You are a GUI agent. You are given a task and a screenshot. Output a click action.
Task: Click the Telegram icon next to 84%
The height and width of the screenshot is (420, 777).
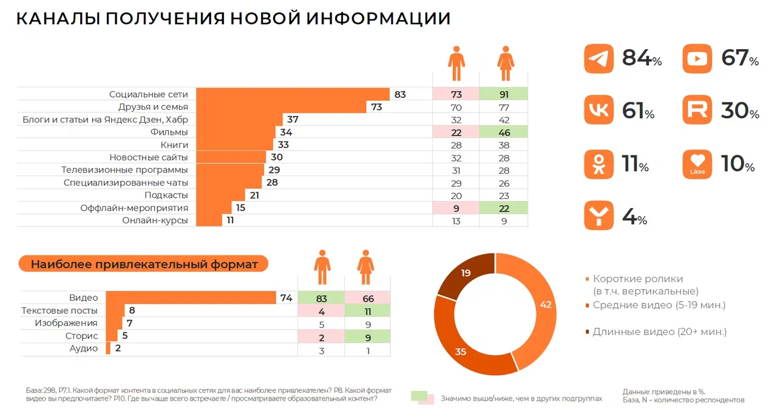(599, 59)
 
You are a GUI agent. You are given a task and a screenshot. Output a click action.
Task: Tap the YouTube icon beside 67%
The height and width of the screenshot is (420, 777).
(698, 59)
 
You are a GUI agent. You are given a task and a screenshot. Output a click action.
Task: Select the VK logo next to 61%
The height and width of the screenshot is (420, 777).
(599, 111)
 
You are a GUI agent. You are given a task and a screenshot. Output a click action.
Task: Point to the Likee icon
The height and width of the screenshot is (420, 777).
(698, 164)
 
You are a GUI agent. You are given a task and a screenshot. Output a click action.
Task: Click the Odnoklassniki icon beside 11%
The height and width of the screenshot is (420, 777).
(599, 164)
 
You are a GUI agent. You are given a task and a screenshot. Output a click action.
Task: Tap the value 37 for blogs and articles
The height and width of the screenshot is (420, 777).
(293, 120)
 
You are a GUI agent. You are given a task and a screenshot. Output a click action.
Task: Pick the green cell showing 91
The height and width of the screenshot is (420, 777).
(503, 94)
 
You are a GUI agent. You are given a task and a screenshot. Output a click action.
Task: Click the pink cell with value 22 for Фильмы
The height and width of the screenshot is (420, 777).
(456, 132)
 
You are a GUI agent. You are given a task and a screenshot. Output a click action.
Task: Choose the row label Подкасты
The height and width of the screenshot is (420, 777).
(166, 195)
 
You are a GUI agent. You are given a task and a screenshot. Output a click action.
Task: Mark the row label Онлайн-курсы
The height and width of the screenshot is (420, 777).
(155, 221)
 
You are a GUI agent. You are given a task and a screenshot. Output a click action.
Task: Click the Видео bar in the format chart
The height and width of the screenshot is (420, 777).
(191, 298)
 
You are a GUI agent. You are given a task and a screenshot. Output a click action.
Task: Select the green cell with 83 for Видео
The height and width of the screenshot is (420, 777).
(321, 298)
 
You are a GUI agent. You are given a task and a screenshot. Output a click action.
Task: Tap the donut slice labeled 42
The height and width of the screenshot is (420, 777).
(537, 310)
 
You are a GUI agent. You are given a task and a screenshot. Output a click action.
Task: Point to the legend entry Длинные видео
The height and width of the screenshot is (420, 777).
(659, 332)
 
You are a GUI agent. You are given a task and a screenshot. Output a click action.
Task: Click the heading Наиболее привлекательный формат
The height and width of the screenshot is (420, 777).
(144, 264)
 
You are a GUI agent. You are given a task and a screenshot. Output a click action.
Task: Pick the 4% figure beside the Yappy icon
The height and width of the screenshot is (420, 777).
(634, 217)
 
